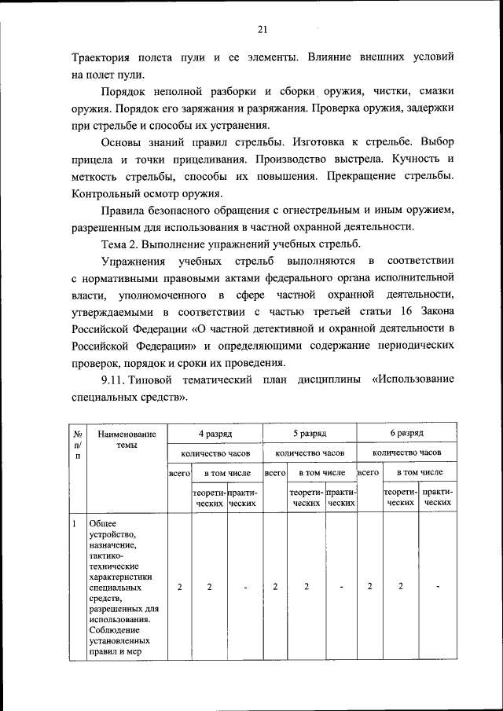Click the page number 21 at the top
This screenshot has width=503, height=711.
tap(263, 30)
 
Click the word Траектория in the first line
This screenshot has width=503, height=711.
tap(103, 59)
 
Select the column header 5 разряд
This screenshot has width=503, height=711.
tap(310, 433)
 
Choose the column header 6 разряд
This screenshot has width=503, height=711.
tap(406, 433)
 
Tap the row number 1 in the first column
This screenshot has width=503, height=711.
tap(72, 523)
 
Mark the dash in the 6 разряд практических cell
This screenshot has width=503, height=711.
tap(437, 587)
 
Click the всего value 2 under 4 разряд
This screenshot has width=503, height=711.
tap(179, 587)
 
